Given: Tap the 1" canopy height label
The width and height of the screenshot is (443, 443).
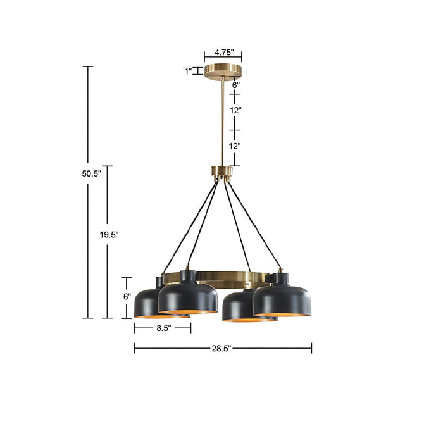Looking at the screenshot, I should coord(189,72).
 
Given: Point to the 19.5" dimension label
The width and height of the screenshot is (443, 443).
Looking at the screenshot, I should coord(108,234).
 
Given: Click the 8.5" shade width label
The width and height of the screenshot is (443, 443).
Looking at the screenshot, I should coord(162,328).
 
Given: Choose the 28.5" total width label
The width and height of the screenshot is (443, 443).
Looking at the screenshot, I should coord(221,347).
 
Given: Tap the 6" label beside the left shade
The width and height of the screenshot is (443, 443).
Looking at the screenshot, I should coord(127,296).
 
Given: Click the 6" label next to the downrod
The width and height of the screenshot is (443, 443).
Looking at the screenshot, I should coord(236,84).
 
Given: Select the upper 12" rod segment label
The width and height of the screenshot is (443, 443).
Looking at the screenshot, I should coord(236,110).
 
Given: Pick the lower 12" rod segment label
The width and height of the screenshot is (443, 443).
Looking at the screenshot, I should coord(235,146).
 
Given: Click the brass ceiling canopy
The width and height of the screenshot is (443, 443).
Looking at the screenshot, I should coord(223,70).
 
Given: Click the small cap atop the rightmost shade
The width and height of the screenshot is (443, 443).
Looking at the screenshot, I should coord(278,277).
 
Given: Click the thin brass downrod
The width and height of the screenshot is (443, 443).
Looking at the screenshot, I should coord(223,120).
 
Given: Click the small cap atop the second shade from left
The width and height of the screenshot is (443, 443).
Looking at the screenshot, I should coord(187,275).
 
